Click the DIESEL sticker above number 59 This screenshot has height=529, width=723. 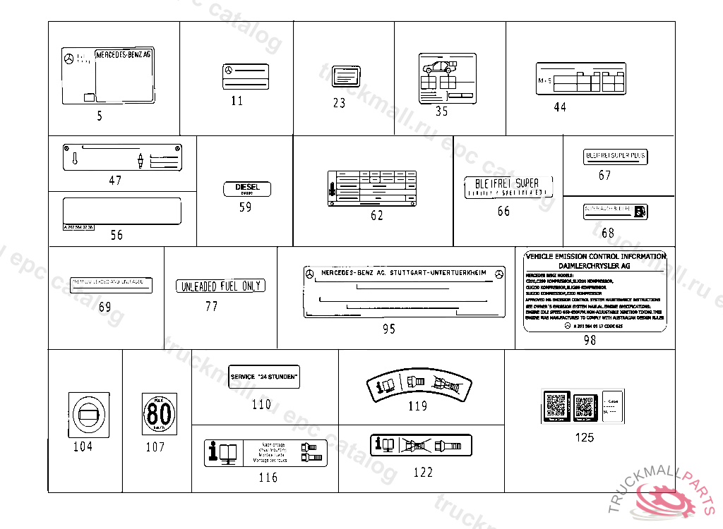247,189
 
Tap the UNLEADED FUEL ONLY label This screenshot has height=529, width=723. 220,286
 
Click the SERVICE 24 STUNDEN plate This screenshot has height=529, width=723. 264,376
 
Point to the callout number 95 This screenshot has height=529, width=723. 388,329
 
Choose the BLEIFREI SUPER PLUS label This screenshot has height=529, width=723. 615,156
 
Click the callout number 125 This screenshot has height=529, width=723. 584,437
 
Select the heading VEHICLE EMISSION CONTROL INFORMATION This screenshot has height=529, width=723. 595,256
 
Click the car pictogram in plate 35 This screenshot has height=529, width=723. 437,68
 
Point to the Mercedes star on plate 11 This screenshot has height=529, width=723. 228,70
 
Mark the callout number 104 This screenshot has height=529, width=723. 83,446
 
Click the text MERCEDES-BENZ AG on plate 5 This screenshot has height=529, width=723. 123,54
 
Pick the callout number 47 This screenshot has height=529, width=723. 115,181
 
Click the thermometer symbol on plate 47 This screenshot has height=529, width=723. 74,159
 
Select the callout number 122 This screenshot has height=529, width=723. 423,472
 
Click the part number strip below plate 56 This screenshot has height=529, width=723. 77,228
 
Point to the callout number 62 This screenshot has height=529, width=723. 377,216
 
